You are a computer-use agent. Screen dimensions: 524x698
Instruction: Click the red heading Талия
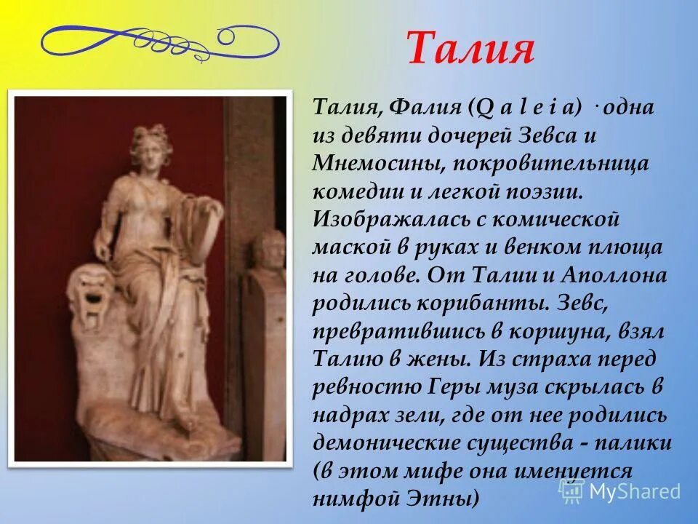coord(470,49)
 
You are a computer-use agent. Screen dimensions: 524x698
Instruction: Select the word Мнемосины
coord(377,164)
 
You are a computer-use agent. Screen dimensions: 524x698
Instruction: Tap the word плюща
coord(629,247)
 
